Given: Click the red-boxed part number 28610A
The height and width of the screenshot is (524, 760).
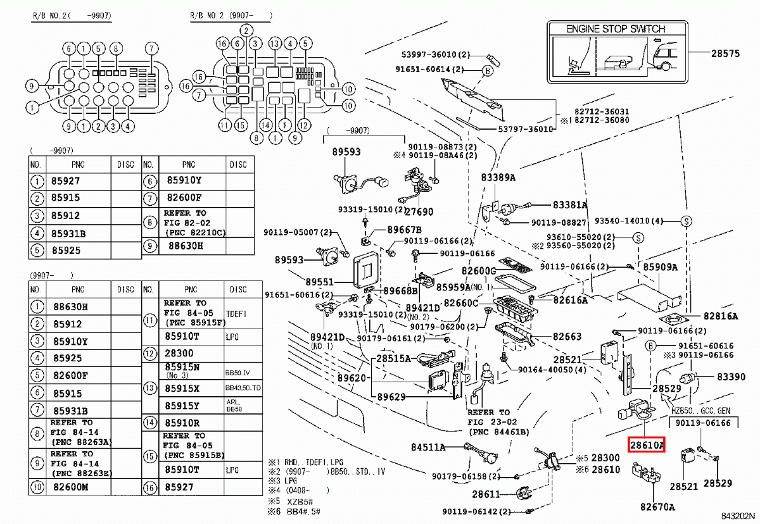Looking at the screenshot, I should coord(647,446).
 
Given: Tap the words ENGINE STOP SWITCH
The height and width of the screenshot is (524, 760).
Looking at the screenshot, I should coord(615,29).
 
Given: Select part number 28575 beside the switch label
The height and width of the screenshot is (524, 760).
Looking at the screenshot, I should coord(725,54).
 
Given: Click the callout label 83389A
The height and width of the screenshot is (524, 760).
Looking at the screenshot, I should coord(498,178).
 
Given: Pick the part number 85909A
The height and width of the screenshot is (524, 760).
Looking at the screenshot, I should coord(661,267).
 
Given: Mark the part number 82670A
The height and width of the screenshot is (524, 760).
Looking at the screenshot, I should coord(657,506).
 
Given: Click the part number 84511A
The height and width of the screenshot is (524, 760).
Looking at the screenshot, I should coord(428,447).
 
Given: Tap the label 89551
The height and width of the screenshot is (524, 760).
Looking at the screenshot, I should coord(319,282).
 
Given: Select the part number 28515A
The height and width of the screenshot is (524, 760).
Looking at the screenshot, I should coord(394,358).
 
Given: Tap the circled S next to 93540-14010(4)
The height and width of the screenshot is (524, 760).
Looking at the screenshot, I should coord(686,221).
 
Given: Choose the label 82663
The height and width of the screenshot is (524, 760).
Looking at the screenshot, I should coord(567,337).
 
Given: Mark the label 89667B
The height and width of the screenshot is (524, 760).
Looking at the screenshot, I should coord(404,229).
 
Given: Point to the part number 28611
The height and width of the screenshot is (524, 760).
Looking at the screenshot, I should coord(486,494).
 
